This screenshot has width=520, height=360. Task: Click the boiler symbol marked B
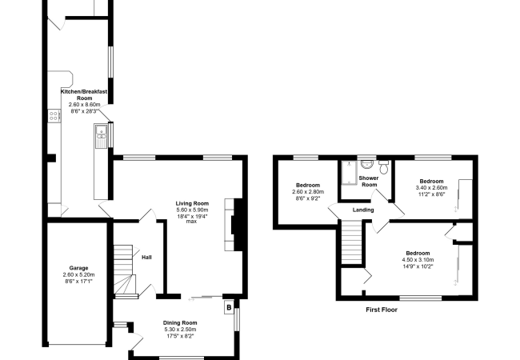(229, 308)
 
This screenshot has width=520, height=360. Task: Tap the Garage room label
(78, 268)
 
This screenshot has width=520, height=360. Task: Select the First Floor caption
(382, 310)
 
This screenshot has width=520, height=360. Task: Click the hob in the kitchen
(54, 116)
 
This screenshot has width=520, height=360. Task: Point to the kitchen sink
(100, 136)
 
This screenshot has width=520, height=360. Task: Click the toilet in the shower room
(384, 166)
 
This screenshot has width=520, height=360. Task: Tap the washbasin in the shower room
(366, 163)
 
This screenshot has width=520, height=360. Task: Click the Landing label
(363, 210)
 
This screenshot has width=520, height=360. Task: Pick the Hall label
(146, 258)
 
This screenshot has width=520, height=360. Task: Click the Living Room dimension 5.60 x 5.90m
(192, 210)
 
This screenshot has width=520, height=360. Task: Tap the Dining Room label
(180, 323)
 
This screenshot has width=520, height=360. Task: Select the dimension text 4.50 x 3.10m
(418, 259)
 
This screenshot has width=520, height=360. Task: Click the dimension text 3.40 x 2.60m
(431, 188)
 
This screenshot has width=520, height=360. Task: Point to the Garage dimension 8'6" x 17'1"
(78, 281)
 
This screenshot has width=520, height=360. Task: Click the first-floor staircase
(351, 242)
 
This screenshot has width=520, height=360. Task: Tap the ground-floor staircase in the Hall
(125, 270)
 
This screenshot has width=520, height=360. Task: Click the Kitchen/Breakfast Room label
(84, 95)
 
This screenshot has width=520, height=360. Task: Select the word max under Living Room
(191, 221)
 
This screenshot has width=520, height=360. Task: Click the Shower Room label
(369, 182)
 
